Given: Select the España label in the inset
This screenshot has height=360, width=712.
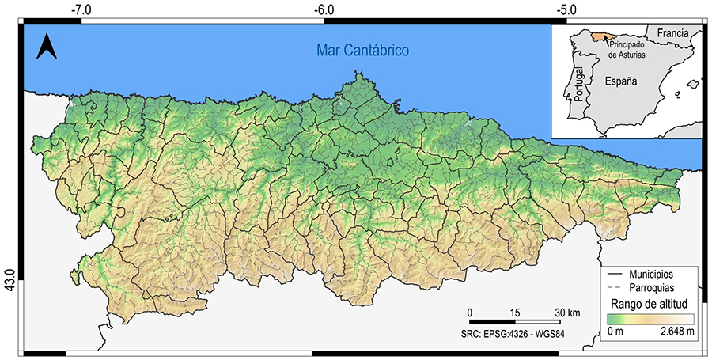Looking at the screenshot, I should coord(621,81).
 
